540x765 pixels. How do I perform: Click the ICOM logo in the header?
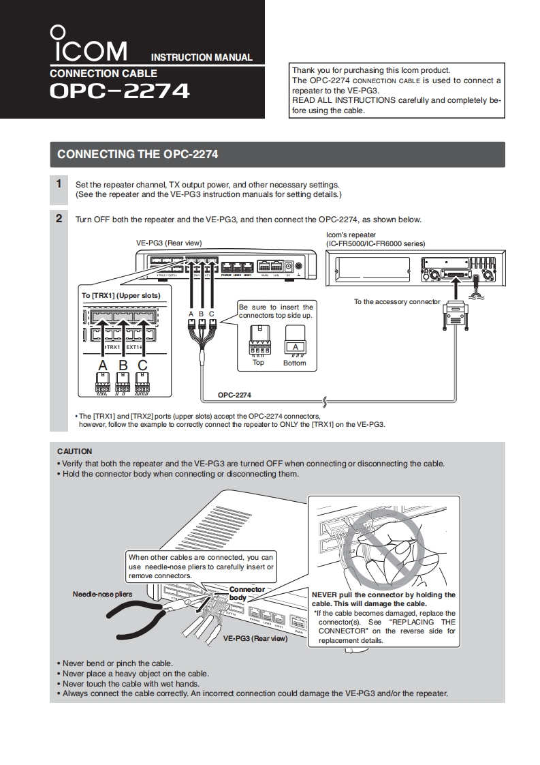pos(89,44)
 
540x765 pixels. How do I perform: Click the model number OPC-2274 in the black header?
pos(119,91)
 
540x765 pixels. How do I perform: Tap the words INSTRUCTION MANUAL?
pos(201,58)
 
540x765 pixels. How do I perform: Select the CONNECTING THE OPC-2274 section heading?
pos(138,154)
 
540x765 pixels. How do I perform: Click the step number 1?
pos(59,183)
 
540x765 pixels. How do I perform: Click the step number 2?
pos(59,219)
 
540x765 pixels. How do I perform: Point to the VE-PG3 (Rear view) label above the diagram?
pos(169,243)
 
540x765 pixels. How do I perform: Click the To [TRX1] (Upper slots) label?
pos(121,295)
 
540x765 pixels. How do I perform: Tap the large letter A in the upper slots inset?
pos(103,365)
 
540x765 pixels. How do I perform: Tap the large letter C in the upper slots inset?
pos(142,365)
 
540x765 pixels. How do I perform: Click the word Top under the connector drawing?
pos(258,363)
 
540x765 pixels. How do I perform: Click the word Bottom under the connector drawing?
pos(295,363)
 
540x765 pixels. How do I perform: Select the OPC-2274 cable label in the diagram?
pos(234,394)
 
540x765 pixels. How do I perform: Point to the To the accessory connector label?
pos(397,301)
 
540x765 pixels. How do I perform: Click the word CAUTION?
pos(74,451)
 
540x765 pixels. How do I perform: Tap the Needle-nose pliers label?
pos(102,594)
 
